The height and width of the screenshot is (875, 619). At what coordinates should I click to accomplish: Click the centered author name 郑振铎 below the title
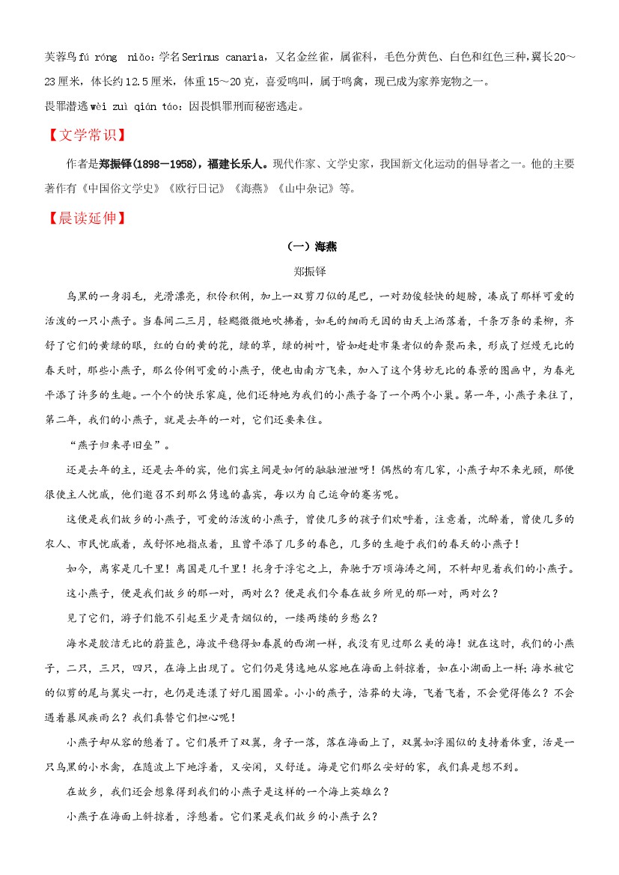[309, 271]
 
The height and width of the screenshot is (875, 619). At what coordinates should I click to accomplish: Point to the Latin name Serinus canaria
[223, 56]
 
